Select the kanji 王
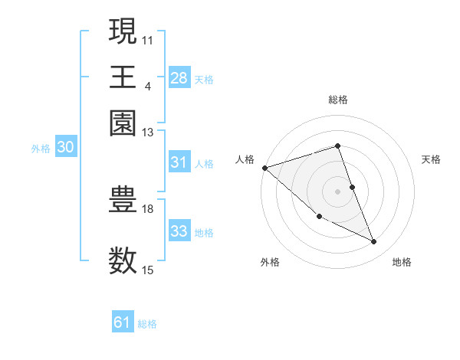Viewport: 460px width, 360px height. pyautogui.click(x=123, y=77)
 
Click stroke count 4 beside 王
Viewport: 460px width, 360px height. pyautogui.click(x=148, y=85)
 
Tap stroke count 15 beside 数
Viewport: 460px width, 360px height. pyautogui.click(x=148, y=270)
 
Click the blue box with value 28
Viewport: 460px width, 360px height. pyautogui.click(x=179, y=78)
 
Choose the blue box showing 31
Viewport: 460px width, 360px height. pyautogui.click(x=179, y=162)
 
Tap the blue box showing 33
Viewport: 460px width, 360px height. pyautogui.click(x=179, y=231)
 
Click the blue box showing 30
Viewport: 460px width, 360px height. pyautogui.click(x=65, y=149)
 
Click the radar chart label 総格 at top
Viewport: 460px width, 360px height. pyautogui.click(x=338, y=100)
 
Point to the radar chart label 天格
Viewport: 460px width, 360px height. pyautogui.click(x=431, y=159)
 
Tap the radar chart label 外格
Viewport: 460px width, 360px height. pyautogui.click(x=270, y=262)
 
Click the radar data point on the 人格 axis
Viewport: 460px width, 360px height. pyautogui.click(x=264, y=168)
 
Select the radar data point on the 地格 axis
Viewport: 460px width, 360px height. pyautogui.click(x=374, y=242)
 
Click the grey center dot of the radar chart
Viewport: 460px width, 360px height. pyautogui.click(x=338, y=191)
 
